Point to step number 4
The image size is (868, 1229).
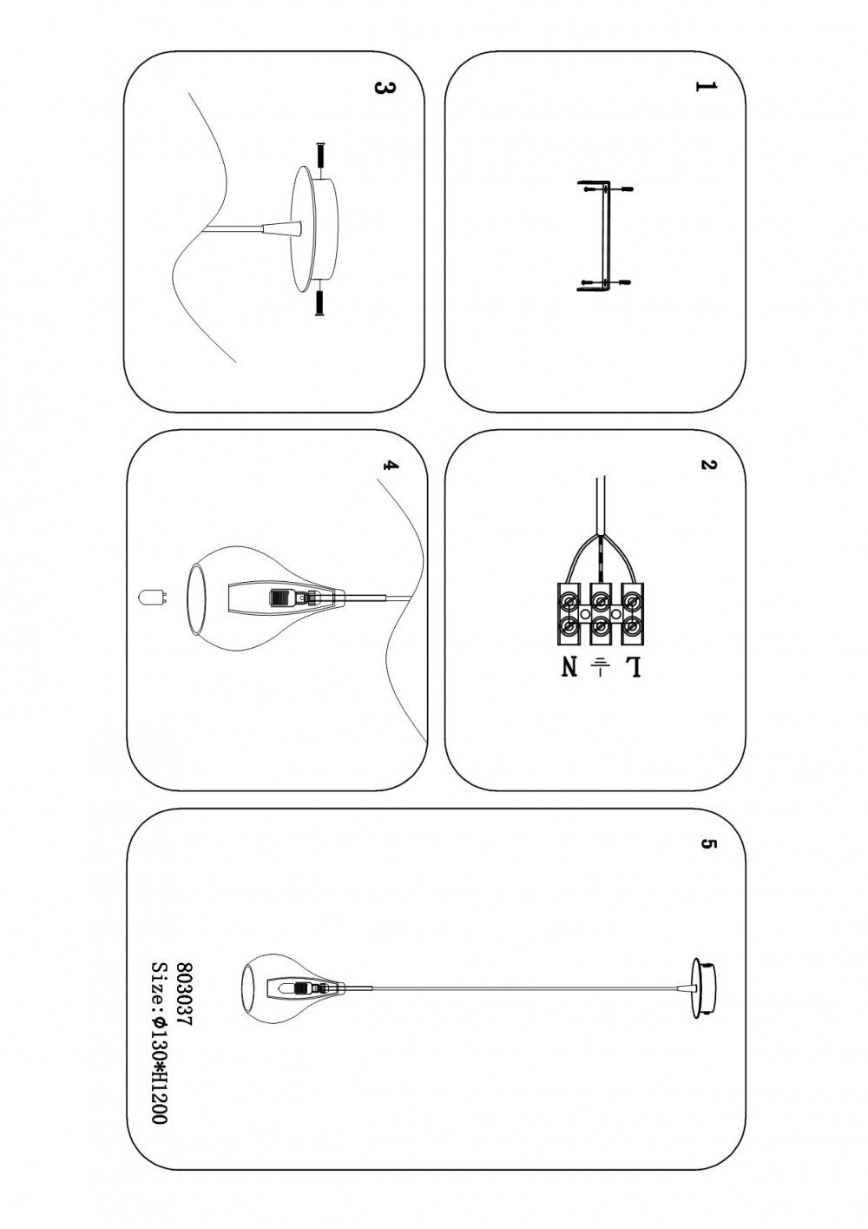tap(391, 466)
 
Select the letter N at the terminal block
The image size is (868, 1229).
tap(569, 667)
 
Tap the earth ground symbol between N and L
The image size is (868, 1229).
tap(601, 666)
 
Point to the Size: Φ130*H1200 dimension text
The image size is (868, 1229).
tap(158, 1042)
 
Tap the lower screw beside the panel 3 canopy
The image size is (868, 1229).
tap(319, 303)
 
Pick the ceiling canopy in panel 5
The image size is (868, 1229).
tap(705, 988)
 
